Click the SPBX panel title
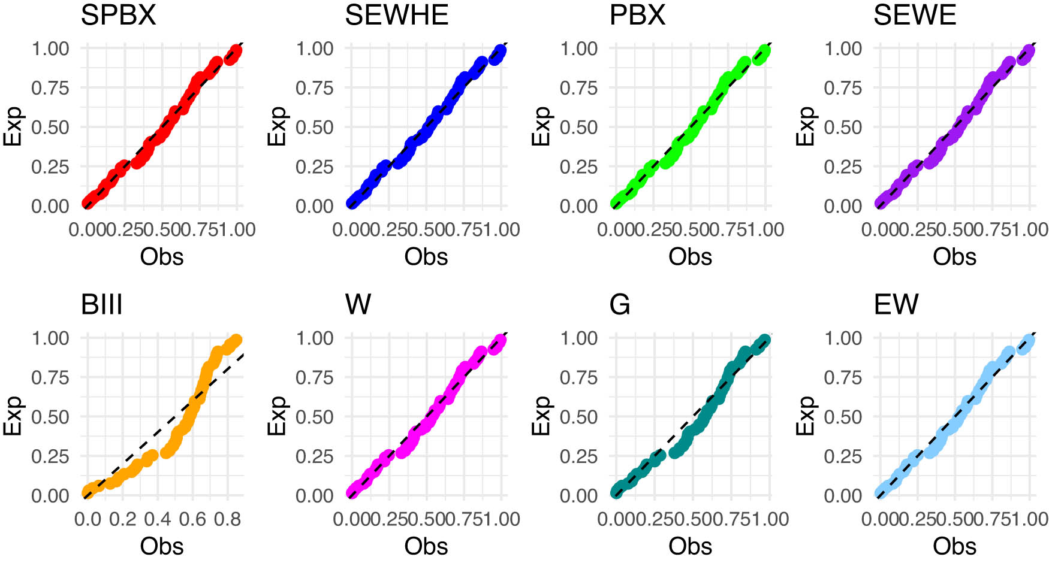coord(118,15)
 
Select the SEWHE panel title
coord(396,15)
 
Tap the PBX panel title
coord(637,15)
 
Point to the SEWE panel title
coord(914,15)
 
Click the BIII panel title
coord(101,305)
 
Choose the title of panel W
coord(358,305)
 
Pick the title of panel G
coord(619,305)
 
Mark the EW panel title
coord(896,305)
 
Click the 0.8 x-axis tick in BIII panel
coord(227,519)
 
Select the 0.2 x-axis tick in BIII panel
coord(122,519)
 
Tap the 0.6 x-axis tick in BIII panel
coord(192,519)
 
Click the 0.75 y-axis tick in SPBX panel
coord(50,88)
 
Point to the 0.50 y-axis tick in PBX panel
coord(578,128)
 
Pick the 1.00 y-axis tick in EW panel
coord(843,338)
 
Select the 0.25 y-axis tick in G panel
coord(578,456)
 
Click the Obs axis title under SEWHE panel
coord(426,257)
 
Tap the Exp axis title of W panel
coord(277,416)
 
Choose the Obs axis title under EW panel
coord(954,546)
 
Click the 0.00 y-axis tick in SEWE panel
coord(843,206)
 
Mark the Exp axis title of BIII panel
coord(13,416)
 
